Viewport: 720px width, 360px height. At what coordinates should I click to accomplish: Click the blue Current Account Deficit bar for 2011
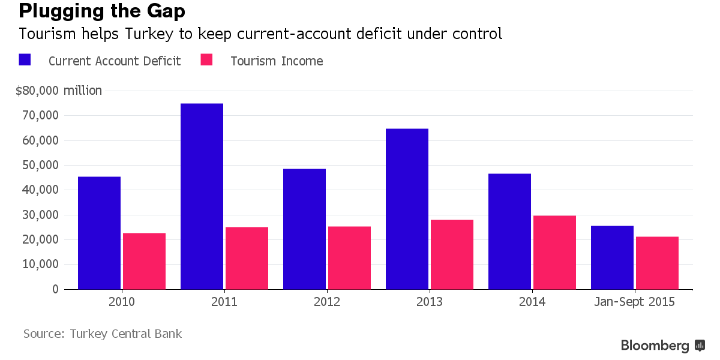click(202, 196)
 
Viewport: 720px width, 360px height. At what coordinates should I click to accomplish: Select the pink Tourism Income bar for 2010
click(144, 261)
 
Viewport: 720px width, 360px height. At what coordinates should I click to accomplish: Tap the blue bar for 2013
click(407, 209)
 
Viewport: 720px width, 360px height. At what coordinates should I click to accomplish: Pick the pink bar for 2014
click(554, 252)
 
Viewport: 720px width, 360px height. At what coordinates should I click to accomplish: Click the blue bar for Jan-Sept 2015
click(612, 257)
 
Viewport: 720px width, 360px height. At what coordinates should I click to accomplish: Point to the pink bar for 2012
click(349, 257)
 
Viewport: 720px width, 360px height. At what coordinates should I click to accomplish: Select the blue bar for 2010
click(99, 233)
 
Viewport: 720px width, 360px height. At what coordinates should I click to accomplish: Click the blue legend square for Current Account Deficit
click(25, 59)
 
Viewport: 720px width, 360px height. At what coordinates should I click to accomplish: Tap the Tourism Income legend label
click(277, 61)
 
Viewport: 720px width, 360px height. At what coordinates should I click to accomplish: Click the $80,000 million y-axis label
click(59, 91)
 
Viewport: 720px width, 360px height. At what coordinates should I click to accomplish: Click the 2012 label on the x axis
click(327, 302)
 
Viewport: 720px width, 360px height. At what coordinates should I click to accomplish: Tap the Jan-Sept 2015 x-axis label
click(634, 302)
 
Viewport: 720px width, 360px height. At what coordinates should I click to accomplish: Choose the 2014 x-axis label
click(532, 302)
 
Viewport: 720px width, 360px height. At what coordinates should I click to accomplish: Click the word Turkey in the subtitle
click(148, 34)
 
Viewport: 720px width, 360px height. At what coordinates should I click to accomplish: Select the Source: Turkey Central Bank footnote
click(102, 334)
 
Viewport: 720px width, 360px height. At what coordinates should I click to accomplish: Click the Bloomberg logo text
click(655, 346)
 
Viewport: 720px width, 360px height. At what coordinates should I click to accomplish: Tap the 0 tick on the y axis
click(55, 289)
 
